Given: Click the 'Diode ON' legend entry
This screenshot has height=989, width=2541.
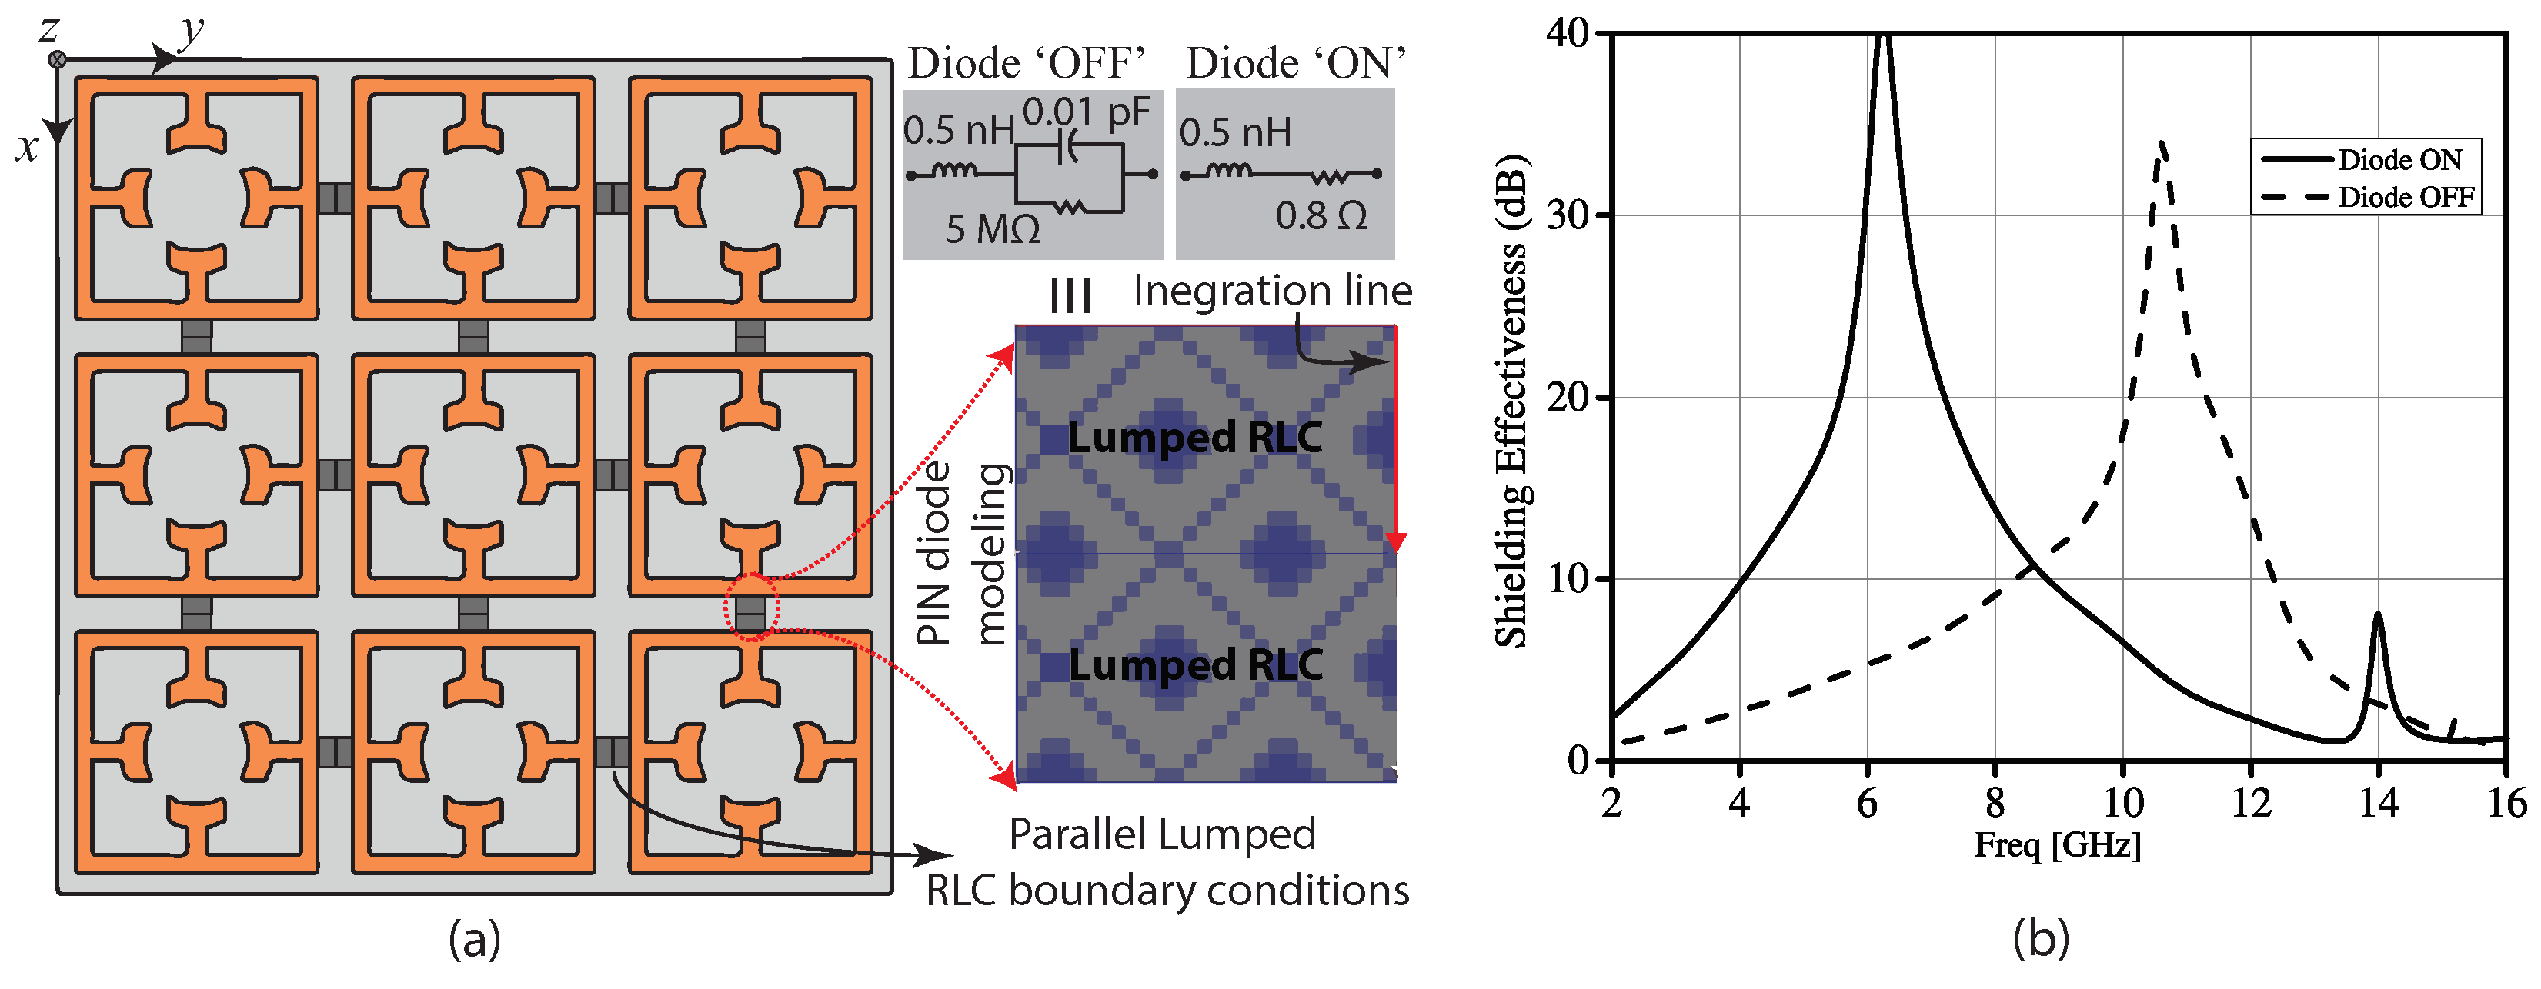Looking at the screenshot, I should [2399, 160].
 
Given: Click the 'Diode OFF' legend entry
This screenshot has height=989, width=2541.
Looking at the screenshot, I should [2405, 197].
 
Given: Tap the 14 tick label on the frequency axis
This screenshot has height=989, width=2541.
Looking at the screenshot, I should [2378, 804].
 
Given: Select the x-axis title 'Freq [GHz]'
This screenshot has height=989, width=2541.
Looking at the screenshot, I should [2058, 846].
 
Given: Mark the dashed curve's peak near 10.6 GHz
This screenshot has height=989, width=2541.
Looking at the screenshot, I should [2161, 144].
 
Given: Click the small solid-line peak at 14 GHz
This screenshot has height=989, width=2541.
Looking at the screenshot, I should [2377, 615].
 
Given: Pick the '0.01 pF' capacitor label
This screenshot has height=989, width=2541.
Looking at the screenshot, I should [1086, 112].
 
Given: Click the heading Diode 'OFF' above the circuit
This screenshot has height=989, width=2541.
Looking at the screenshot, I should [1026, 63].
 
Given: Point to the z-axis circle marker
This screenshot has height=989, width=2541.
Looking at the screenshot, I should [57, 59].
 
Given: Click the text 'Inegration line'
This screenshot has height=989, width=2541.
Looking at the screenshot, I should [1273, 291].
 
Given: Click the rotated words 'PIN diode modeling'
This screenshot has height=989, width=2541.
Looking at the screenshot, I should [961, 553].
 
